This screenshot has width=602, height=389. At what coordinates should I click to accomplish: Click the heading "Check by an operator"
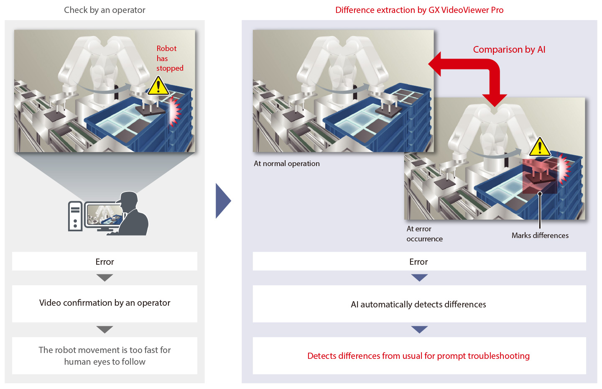tap(105, 10)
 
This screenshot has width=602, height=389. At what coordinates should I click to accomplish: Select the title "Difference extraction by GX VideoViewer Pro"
tap(419, 10)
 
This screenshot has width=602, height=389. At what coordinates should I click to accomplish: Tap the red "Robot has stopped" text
tap(169, 58)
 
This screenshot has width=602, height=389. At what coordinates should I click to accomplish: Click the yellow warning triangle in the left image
tap(158, 87)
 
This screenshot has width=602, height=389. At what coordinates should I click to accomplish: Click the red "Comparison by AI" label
tap(509, 49)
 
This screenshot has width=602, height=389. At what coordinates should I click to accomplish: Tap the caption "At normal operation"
tap(286, 164)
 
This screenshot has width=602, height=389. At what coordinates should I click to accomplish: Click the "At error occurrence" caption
tap(424, 234)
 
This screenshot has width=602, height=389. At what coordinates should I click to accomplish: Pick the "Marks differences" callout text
tap(540, 235)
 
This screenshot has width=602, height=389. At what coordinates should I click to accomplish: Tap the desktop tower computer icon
tap(75, 216)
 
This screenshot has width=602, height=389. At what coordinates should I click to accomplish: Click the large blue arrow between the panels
tap(223, 201)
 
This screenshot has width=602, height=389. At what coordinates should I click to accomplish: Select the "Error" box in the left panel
tap(105, 261)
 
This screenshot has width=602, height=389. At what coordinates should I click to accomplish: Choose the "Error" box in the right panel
tap(419, 261)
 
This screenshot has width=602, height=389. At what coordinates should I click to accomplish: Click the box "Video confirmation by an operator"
tap(105, 303)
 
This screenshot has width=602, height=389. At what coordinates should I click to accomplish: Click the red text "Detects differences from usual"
tap(418, 356)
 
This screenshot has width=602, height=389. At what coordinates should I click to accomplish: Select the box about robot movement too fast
tap(105, 356)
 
